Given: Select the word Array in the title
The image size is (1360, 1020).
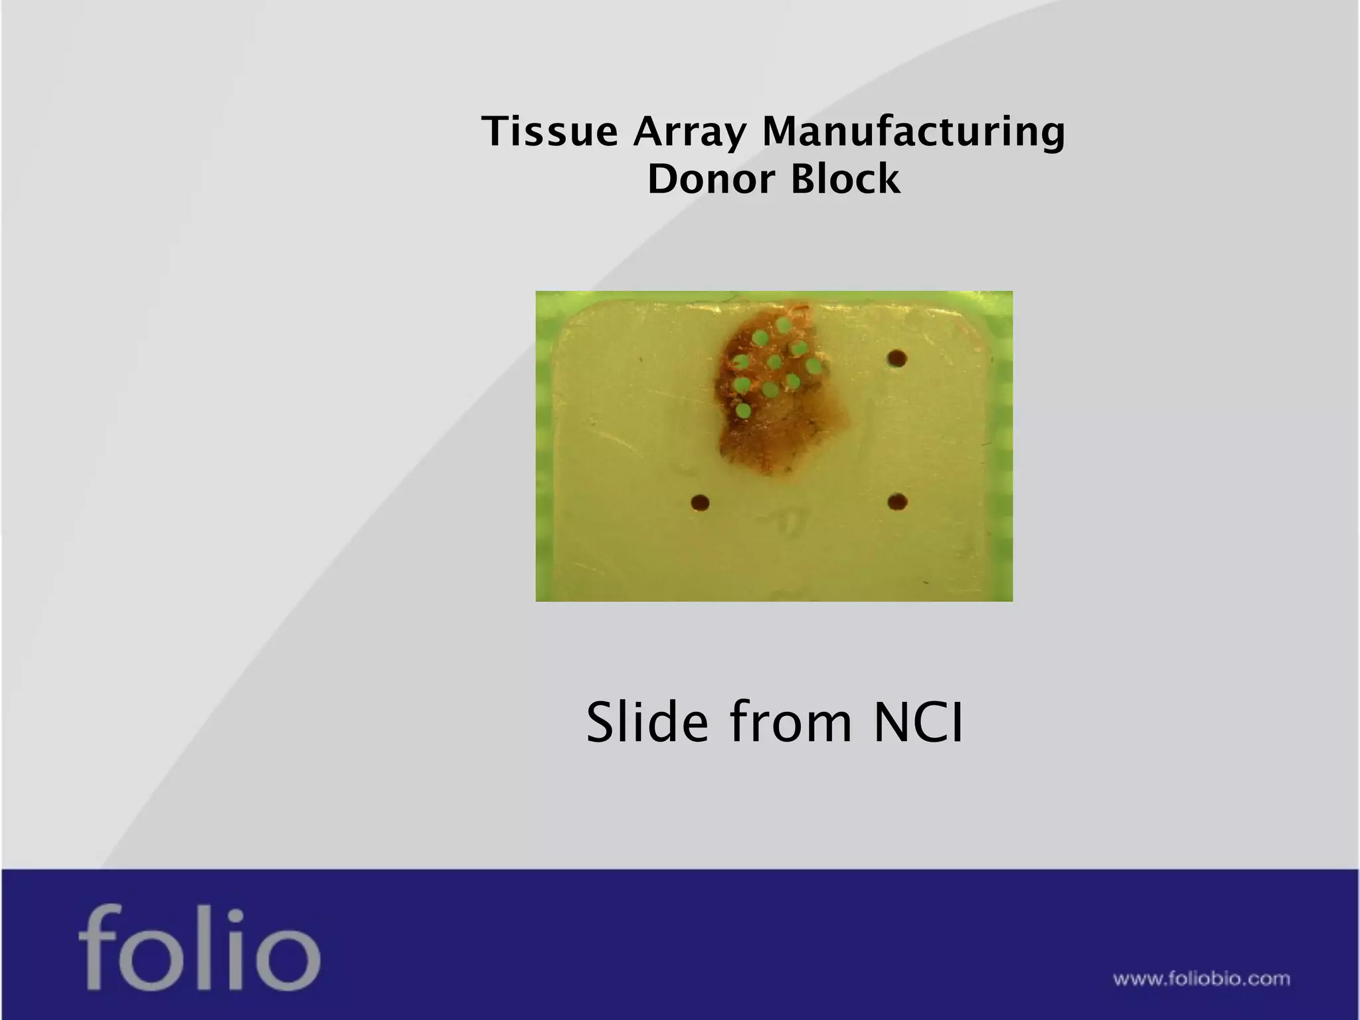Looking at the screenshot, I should [689, 132].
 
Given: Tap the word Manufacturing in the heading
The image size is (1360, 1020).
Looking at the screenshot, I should [913, 132].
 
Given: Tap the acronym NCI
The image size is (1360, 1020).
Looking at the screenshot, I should [918, 722].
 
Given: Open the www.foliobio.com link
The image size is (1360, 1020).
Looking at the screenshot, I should [1201, 979].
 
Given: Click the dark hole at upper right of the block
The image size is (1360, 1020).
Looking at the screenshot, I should [897, 359].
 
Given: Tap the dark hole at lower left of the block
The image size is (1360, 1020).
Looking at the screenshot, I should [700, 503].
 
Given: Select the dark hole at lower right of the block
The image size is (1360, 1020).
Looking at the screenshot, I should [897, 501].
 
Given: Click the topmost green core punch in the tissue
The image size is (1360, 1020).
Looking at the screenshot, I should [784, 325].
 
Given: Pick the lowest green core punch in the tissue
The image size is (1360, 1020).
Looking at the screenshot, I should [744, 411].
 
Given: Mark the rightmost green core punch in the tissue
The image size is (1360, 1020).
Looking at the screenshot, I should [813, 366].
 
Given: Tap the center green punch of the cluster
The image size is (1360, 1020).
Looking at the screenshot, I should [774, 363].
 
